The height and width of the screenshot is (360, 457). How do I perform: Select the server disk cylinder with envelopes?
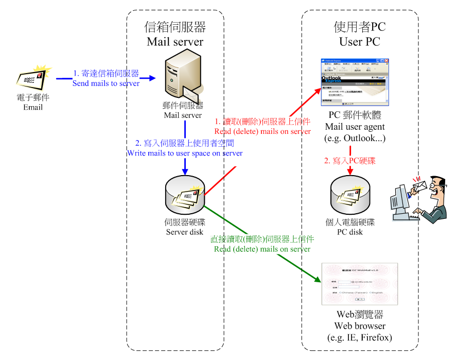pos(184,195)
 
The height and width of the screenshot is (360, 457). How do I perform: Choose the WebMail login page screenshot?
pos(359,283)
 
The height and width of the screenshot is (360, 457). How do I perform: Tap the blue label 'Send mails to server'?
pos(106,83)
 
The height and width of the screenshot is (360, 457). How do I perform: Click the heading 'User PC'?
pos(359,42)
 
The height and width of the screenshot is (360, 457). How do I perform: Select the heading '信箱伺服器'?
pos(175,27)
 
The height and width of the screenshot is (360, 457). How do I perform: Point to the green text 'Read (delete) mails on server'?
pos(262,249)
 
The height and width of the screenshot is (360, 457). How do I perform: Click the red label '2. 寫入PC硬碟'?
pos(350,161)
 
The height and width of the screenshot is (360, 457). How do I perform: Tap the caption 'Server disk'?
pos(185,232)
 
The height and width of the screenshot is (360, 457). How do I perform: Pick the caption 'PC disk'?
pos(350,232)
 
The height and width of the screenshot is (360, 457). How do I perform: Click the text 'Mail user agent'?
pos(355,126)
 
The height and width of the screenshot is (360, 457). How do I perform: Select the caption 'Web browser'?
pos(360,326)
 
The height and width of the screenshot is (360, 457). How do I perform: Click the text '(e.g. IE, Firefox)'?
pos(360,338)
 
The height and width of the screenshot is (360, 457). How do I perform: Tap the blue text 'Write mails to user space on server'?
pos(185,153)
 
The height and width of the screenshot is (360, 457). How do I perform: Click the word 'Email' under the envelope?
pos(33,108)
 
